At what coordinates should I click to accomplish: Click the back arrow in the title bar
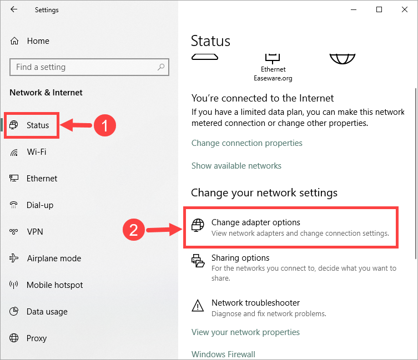(14, 9)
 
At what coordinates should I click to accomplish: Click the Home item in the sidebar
(37, 41)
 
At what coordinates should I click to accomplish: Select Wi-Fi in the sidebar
(36, 152)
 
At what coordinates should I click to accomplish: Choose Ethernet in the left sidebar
(42, 179)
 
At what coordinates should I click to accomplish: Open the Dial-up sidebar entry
(39, 205)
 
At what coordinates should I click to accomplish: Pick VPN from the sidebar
(34, 232)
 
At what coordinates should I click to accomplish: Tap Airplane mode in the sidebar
(53, 258)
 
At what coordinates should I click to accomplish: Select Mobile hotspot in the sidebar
(54, 285)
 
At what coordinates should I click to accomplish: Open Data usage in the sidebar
(47, 312)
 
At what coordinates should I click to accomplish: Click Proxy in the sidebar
(37, 338)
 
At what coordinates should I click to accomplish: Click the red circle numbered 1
(104, 125)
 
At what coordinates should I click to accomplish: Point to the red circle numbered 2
(134, 230)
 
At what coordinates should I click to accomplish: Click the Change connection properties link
(247, 143)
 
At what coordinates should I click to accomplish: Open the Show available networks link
(236, 166)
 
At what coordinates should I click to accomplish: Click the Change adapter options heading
(255, 222)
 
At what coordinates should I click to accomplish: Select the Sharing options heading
(240, 258)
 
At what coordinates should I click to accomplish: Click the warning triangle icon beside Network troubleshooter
(198, 306)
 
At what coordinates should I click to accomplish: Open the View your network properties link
(245, 332)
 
